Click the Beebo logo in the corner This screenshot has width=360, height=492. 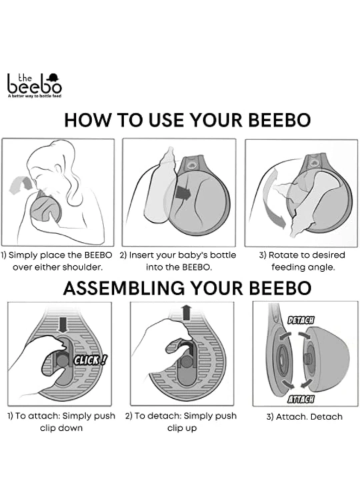pos(34,85)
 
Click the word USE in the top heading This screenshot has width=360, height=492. pos(167,120)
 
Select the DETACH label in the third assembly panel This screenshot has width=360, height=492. pos(301,320)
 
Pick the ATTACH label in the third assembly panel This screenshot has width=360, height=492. pos(301,399)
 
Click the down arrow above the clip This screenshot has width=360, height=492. pos(63,325)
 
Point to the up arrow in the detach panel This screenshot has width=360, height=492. pos(187,313)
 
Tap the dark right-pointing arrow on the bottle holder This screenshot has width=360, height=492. pos(183,193)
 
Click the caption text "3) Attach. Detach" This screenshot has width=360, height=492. pos(304,417)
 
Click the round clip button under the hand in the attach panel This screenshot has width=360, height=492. pos(62,360)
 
